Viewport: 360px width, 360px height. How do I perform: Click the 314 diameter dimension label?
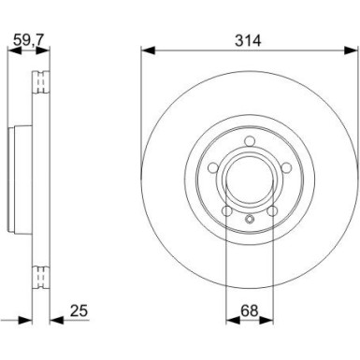[248, 41]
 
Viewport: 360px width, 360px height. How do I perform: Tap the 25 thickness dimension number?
[79, 310]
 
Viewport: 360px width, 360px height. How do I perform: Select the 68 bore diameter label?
[250, 310]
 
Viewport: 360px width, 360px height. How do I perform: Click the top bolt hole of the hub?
[249, 141]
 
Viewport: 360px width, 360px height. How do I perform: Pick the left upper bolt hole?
[213, 168]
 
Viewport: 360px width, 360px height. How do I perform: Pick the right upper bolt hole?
[286, 168]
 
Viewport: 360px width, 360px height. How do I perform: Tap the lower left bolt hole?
[227, 211]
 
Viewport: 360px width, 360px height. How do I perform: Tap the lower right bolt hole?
[272, 211]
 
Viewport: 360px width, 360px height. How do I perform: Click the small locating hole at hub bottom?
[250, 219]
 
